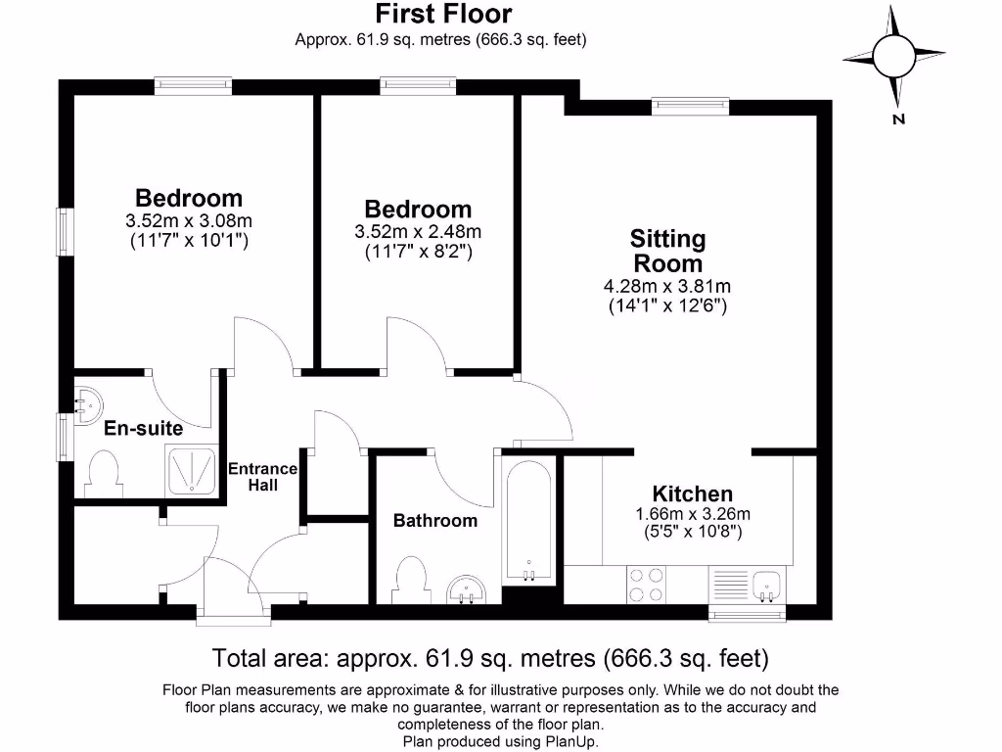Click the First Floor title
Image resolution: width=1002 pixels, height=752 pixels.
coord(443,14)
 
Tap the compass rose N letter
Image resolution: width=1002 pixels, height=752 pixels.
coord(899,118)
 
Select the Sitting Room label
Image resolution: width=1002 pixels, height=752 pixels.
coord(667,251)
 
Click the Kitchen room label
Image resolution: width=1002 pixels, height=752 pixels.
coord(693,493)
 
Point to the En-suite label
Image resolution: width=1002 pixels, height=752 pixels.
coord(143,428)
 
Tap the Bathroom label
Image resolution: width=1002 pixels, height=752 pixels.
coord(435,521)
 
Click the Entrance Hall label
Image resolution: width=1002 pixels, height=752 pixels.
coord(262,477)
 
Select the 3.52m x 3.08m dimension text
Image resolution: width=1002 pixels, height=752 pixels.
coord(189,221)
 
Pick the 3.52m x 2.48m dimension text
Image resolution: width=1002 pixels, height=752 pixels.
coord(418,231)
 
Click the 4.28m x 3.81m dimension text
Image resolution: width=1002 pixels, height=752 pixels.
coord(667,286)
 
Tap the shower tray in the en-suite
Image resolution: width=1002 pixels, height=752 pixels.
coord(192,471)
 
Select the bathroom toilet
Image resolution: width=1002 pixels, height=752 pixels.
coord(412,580)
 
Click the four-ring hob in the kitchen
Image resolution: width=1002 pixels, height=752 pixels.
coord(646,586)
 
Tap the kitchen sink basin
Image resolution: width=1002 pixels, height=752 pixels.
coord(766,587)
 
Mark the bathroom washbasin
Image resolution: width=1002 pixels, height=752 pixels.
coord(466,589)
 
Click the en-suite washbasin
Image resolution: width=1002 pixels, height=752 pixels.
coord(88,406)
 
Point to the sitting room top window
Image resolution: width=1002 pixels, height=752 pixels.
coord(690,106)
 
